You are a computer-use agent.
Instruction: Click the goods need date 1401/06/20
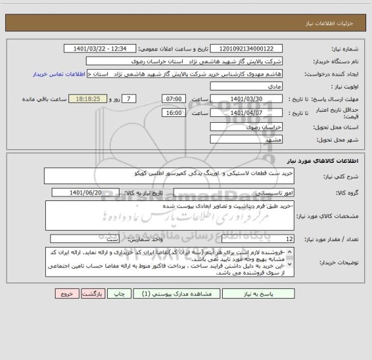click(103, 193)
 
